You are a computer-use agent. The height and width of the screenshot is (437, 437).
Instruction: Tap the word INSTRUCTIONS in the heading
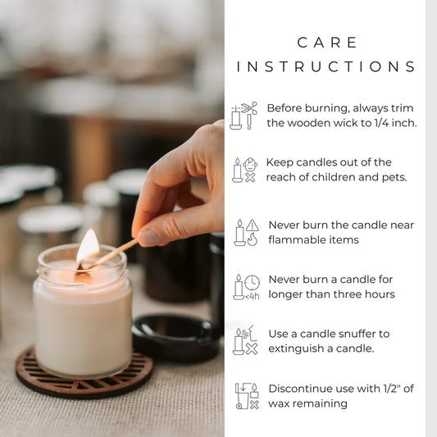pyautogui.click(x=326, y=66)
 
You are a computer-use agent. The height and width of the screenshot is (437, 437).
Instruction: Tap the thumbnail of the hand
pyautogui.click(x=150, y=238)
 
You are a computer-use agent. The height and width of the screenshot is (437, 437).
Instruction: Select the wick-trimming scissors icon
pyautogui.click(x=244, y=116)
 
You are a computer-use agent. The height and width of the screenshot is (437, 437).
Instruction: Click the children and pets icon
pyautogui.click(x=244, y=170)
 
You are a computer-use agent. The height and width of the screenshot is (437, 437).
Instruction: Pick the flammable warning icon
pyautogui.click(x=244, y=232)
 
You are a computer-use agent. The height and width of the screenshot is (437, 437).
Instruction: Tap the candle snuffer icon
pyautogui.click(x=244, y=341)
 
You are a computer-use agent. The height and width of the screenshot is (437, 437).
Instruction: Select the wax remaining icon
pyautogui.click(x=246, y=395)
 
